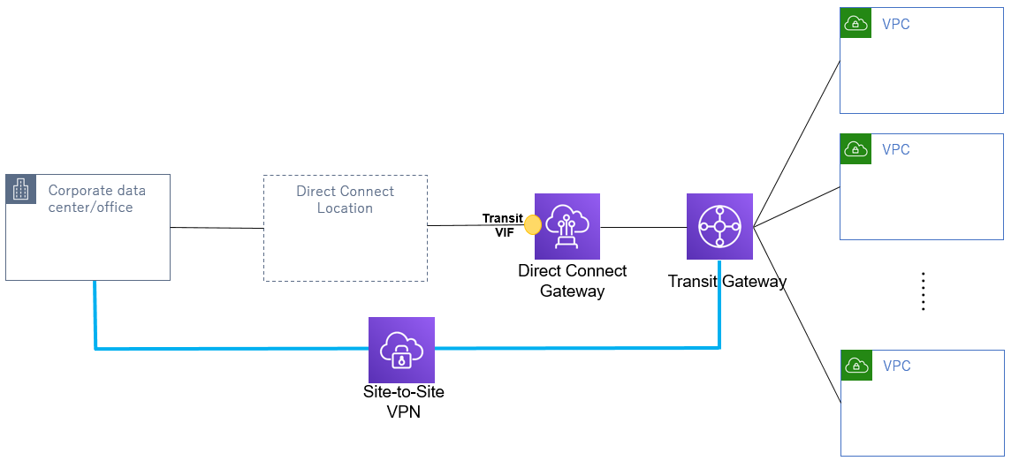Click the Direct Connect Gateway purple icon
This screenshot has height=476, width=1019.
click(567, 226)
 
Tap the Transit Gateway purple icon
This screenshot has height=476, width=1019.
click(719, 227)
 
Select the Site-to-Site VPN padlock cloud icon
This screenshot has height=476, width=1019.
click(401, 350)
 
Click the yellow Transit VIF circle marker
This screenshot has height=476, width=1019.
click(532, 225)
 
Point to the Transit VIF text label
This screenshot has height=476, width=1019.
click(503, 225)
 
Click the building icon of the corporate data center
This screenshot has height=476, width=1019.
click(21, 189)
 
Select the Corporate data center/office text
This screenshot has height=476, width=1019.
click(96, 199)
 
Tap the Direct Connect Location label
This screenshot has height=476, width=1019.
click(345, 200)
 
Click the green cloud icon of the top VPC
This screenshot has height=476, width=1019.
click(855, 24)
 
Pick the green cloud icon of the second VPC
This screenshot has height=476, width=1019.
click(855, 149)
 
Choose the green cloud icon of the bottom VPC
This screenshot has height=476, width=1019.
click(856, 366)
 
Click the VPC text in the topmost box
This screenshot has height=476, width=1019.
click(895, 25)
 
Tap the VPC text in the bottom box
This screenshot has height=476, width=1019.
click(896, 366)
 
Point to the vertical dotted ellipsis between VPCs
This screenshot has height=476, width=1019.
click(922, 291)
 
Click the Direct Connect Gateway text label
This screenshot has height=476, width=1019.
click(572, 281)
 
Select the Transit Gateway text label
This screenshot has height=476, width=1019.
click(726, 282)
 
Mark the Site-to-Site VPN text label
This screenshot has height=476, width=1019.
click(403, 400)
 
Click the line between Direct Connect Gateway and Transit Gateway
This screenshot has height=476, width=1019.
click(643, 227)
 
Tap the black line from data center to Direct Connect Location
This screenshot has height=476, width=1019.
click(217, 228)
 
